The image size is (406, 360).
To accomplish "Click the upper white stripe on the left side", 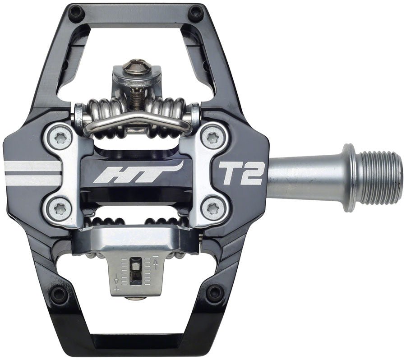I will tap(32, 166).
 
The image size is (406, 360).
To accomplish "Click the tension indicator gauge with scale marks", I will tap(135, 271).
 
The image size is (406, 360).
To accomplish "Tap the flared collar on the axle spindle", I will tap(348, 177).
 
